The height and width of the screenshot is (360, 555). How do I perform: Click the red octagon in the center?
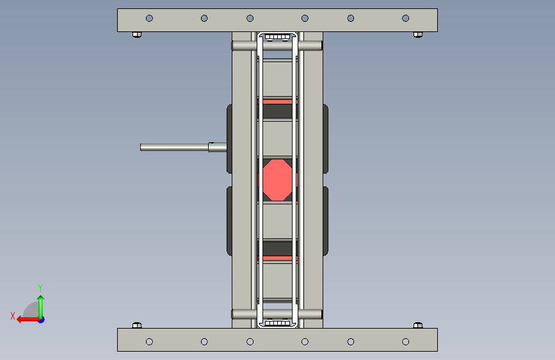tap(278, 180)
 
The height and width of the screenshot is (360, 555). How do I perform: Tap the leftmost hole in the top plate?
tap(149, 18)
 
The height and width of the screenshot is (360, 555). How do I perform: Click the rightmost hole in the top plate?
tap(406, 18)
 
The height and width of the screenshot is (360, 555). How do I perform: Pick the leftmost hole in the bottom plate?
tap(149, 341)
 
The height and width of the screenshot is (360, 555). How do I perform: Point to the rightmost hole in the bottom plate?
tap(406, 341)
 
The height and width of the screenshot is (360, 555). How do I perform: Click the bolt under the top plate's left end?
tap(137, 35)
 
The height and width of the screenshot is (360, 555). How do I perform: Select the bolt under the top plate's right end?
tap(418, 35)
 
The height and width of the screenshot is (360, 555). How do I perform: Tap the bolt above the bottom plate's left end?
tap(137, 325)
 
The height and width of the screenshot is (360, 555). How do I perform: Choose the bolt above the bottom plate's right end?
tap(418, 325)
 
